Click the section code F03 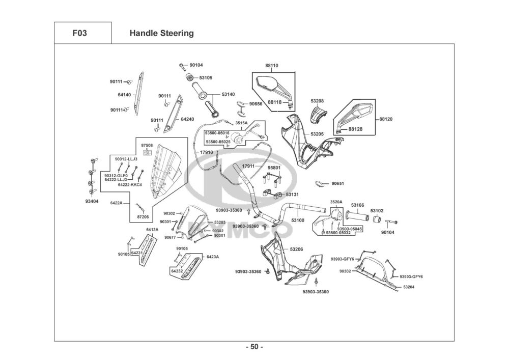coord(79,34)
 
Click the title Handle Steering coord(162,34)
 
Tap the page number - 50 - coord(254,347)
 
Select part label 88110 coord(272,66)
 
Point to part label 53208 coord(318,101)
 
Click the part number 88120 coord(386,119)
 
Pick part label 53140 coord(228,94)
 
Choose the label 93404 coord(92,201)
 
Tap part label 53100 coord(298,220)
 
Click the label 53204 coord(409,287)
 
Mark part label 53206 coord(297,249)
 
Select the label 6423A coord(213,257)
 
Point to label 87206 coord(143,217)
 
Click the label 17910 coord(206,152)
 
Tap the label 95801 coord(274,168)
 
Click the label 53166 coord(358,205)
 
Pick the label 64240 coord(188,119)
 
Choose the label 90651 coord(338,183)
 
